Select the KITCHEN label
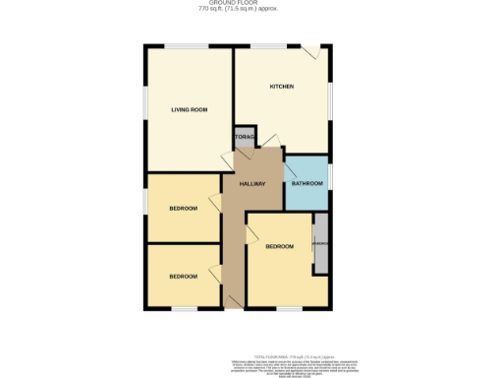pyautogui.click(x=282, y=87)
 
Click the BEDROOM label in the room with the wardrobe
pyautogui.click(x=279, y=245)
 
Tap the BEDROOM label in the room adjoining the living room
pyautogui.click(x=183, y=208)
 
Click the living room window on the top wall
pyautogui.click(x=178, y=45)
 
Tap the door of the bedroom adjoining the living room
pyautogui.click(x=214, y=202)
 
